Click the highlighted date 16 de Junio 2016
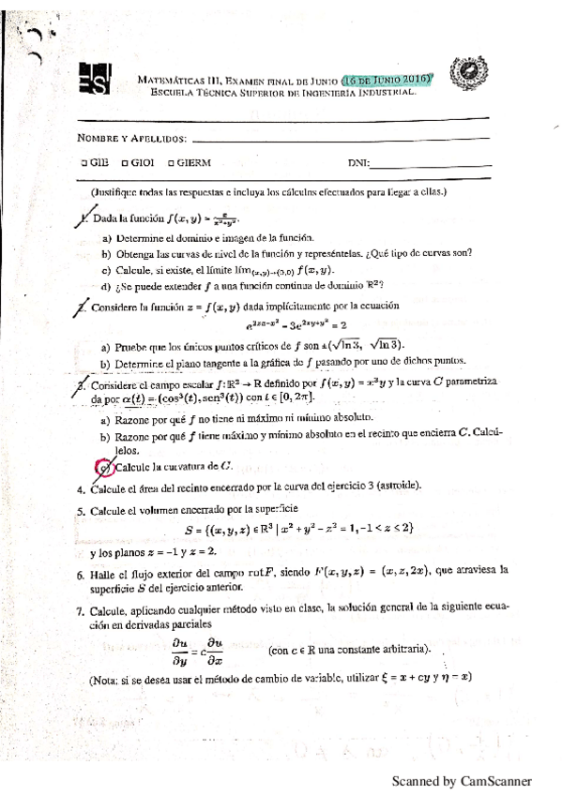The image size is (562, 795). tap(387, 80)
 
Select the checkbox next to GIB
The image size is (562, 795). tap(84, 162)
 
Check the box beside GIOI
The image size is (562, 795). tap(125, 162)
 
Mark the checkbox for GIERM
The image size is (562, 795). tap(171, 162)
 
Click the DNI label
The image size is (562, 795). tap(357, 162)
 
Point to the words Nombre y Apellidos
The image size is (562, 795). tap(131, 139)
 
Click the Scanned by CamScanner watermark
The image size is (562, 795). tap(462, 780)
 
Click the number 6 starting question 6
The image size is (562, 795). tap(81, 570)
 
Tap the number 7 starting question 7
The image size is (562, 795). tap(81, 608)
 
